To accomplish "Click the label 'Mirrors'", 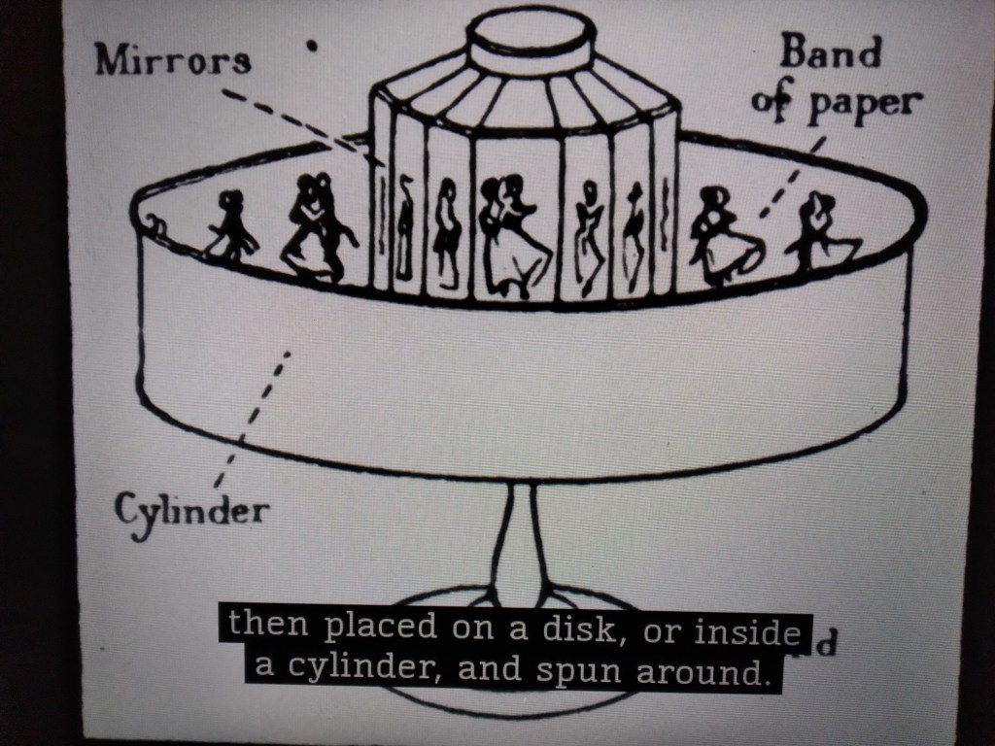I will point(173,61).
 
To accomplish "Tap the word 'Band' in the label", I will point(830,55).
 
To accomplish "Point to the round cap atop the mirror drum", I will point(531,38).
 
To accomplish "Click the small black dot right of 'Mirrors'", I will point(313,45).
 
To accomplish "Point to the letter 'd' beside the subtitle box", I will point(824,644).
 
